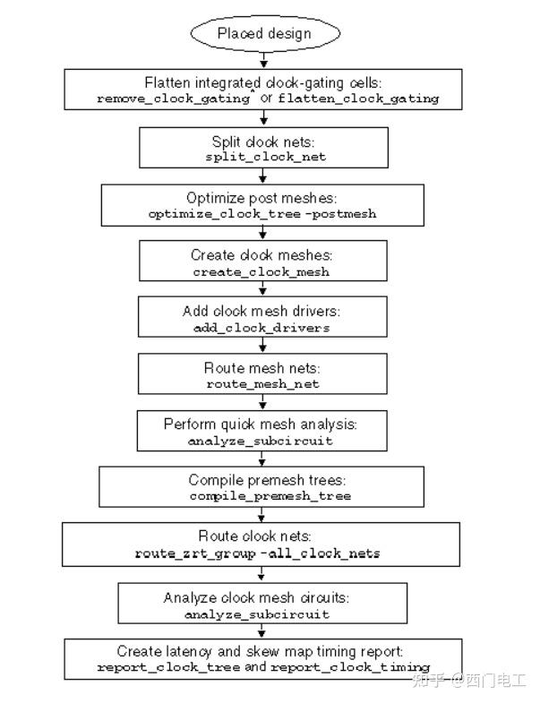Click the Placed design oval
click(x=265, y=33)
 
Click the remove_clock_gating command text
click(x=172, y=99)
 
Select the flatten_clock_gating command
click(x=358, y=99)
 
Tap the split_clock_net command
click(x=261, y=157)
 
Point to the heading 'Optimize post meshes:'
click(x=261, y=199)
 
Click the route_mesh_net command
click(x=262, y=384)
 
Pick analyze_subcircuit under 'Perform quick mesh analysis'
click(x=261, y=442)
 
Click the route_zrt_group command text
click(x=185, y=553)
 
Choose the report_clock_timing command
click(x=349, y=667)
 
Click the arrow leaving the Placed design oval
click(x=262, y=61)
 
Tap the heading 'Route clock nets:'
click(x=260, y=538)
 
